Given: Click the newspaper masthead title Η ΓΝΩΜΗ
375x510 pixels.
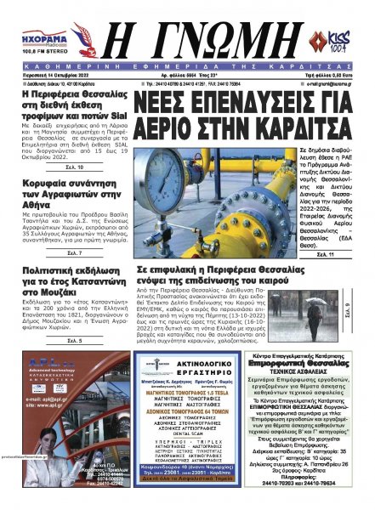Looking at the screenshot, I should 188,37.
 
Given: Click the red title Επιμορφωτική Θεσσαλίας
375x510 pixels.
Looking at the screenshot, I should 312,370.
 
